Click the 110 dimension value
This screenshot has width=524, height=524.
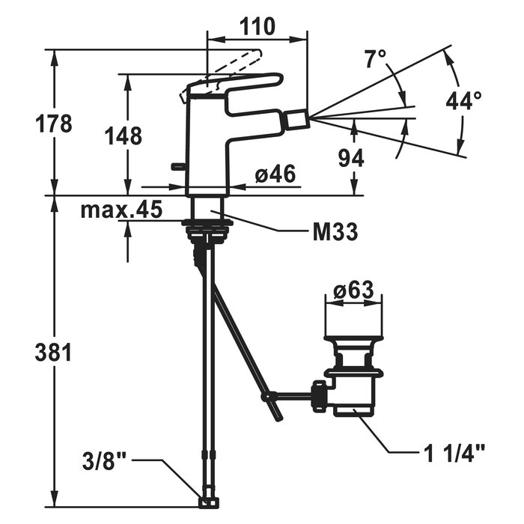click(257, 27)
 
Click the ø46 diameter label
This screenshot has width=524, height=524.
click(275, 175)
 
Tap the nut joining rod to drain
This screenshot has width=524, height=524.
click(320, 394)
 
